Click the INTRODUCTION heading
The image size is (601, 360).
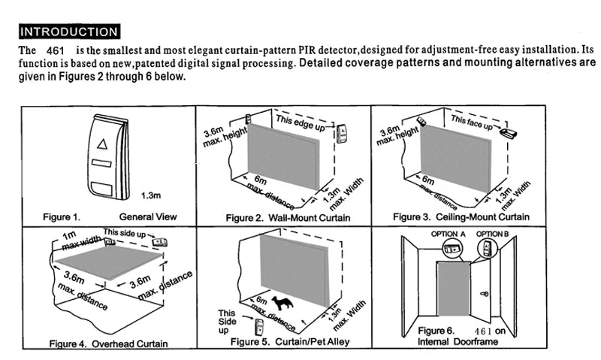click(x=69, y=32)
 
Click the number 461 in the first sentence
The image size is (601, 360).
click(x=55, y=51)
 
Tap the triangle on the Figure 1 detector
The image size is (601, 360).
click(x=102, y=144)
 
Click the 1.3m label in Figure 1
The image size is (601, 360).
click(x=151, y=195)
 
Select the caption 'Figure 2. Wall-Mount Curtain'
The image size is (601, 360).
click(x=288, y=218)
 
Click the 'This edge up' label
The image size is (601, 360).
click(x=300, y=123)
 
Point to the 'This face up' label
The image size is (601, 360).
click(x=472, y=123)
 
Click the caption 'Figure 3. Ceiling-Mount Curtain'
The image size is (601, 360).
click(x=461, y=217)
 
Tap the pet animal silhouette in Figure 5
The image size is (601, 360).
click(x=282, y=303)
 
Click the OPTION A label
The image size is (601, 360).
click(x=448, y=234)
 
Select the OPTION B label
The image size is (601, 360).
click(x=493, y=234)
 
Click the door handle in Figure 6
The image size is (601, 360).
click(x=485, y=294)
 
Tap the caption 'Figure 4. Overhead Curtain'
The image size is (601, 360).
click(x=108, y=343)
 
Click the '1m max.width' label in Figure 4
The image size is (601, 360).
click(x=80, y=240)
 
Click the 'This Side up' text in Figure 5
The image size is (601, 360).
click(x=227, y=322)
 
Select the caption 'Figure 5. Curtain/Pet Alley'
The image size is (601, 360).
click(x=290, y=342)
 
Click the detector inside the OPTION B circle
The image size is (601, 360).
click(x=487, y=250)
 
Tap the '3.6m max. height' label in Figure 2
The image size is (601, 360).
click(x=224, y=137)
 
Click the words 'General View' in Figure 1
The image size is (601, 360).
click(x=148, y=216)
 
